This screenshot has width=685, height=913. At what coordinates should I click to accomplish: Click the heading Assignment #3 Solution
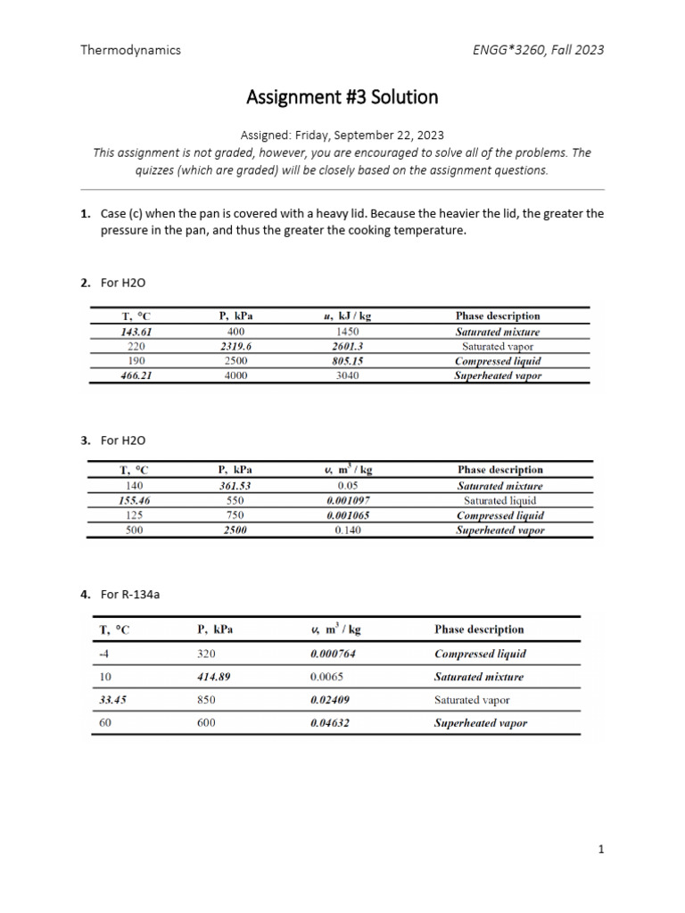[x=342, y=96]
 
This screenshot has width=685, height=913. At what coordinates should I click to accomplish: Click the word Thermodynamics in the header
[x=130, y=50]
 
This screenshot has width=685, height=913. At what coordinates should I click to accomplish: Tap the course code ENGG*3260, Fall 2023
[x=537, y=50]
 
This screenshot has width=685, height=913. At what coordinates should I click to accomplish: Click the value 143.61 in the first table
[x=137, y=332]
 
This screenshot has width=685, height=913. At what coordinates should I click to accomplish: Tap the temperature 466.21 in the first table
[x=137, y=375]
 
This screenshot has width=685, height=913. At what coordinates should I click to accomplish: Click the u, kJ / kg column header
[x=347, y=316]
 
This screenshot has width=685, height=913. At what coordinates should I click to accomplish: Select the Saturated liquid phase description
[x=499, y=500]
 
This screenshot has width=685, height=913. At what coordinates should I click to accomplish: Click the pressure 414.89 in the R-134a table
[x=214, y=677]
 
